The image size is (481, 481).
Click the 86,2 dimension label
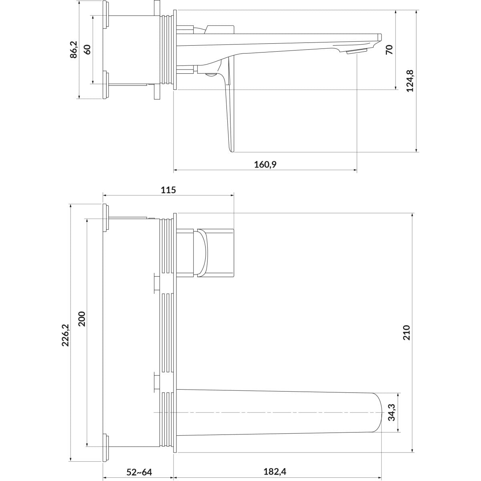pos(74,49)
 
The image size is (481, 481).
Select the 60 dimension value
pos(87,49)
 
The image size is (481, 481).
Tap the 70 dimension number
pos(389,49)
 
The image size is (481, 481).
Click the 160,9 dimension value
pos(265,164)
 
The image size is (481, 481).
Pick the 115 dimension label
pos(168,190)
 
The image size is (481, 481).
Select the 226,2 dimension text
pos(66,335)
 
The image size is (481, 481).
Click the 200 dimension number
pos(82,319)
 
